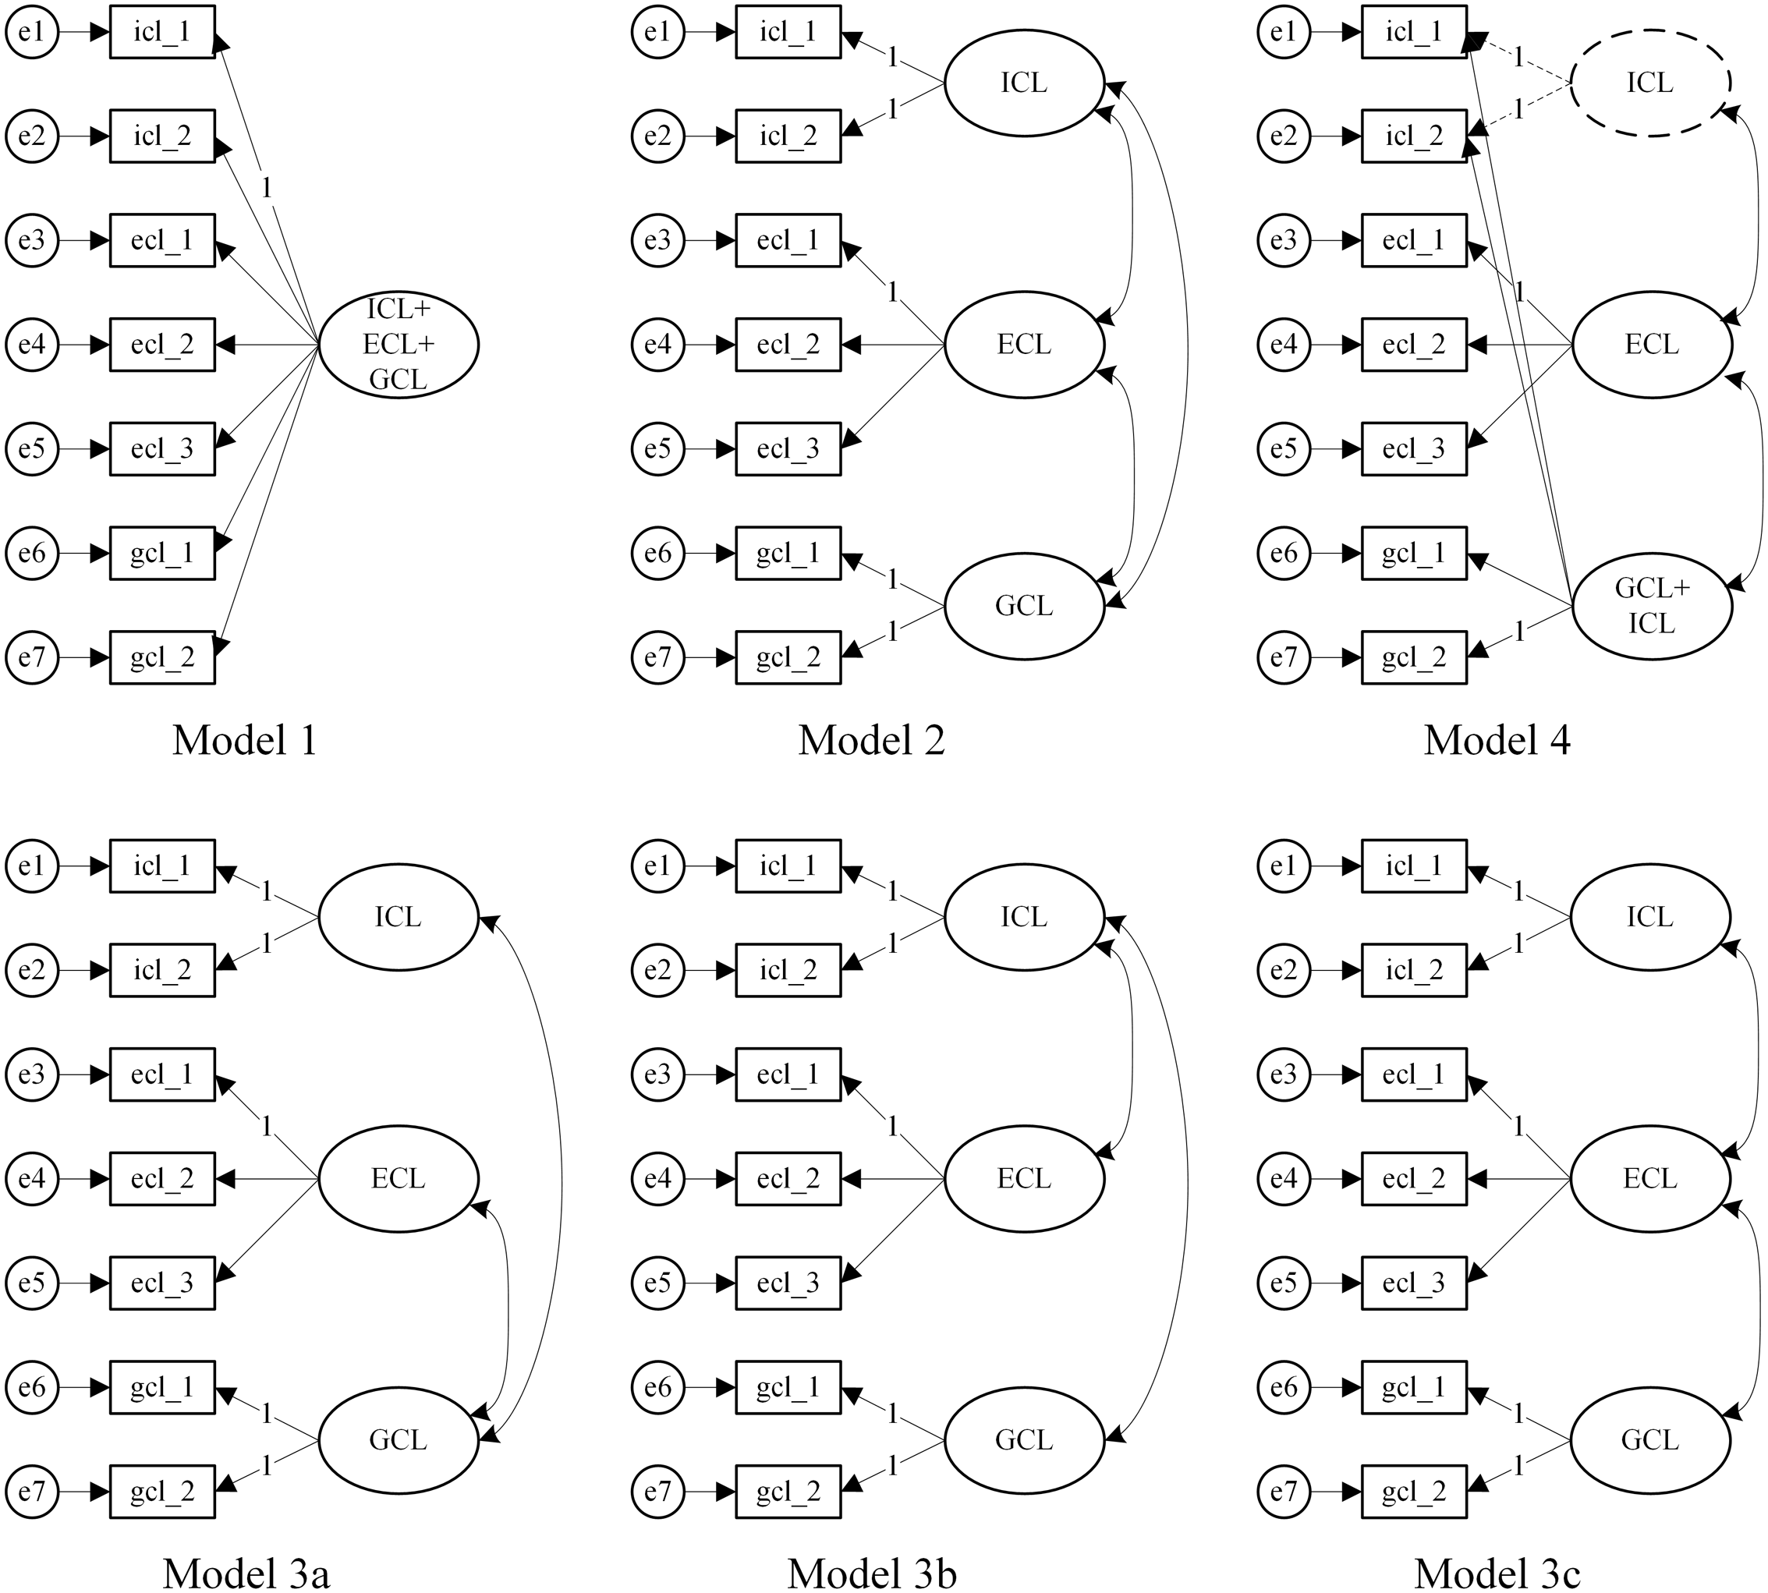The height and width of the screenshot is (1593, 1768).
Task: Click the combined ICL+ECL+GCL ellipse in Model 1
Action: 399,345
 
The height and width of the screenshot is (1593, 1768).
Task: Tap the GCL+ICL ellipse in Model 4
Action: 1652,606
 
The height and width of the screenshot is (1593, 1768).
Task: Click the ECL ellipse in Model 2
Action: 1024,345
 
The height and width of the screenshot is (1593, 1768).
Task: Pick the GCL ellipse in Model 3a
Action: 399,1440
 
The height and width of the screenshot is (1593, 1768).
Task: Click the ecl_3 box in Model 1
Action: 162,449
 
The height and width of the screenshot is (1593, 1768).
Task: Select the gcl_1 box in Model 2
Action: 788,553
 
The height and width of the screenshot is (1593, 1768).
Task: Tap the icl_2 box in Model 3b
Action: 788,970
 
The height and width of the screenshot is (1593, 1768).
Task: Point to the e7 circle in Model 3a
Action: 31,1492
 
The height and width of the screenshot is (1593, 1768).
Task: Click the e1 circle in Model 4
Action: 1283,33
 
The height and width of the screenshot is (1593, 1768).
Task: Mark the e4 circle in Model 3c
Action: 1283,1179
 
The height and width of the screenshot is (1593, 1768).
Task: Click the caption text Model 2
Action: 872,741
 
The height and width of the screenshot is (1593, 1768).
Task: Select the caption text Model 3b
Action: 872,1573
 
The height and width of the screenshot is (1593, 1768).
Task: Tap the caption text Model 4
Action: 1497,741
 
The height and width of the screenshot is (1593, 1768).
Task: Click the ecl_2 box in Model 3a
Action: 162,1179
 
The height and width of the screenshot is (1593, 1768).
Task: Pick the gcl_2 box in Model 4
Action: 1413,657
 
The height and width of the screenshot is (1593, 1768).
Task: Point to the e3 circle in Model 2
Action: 657,241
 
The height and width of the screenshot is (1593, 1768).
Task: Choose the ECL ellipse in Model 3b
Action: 1024,1179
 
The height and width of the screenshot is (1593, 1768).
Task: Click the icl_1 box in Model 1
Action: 162,33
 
